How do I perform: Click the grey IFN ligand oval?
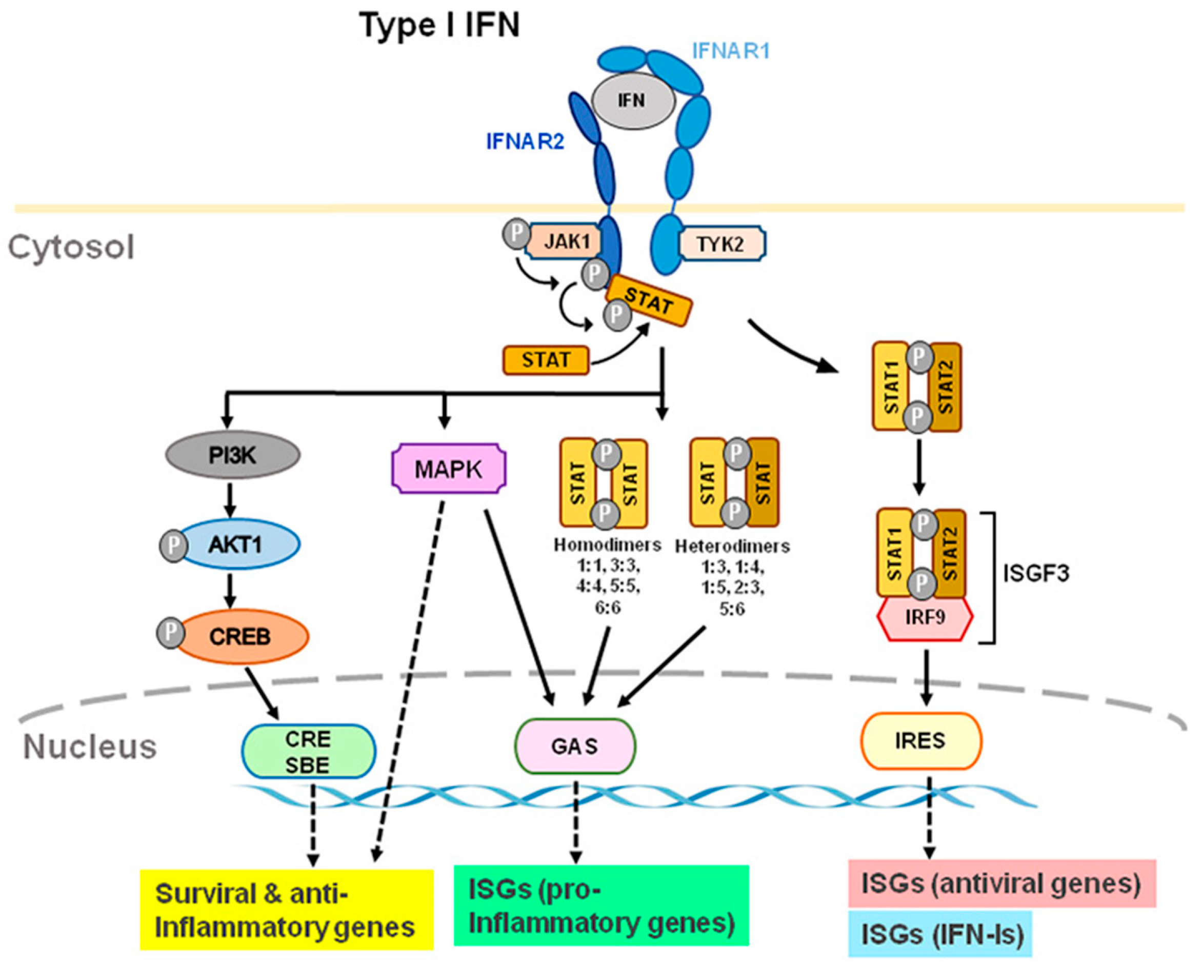pyautogui.click(x=633, y=101)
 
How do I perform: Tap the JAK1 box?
pyautogui.click(x=566, y=241)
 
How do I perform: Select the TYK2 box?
pyautogui.click(x=721, y=244)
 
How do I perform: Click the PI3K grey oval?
pyautogui.click(x=232, y=455)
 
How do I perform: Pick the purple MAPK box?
pyautogui.click(x=449, y=469)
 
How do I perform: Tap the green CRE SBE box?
pyautogui.click(x=308, y=751)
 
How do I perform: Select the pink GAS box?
pyautogui.click(x=574, y=746)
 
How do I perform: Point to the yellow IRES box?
pyautogui.click(x=920, y=741)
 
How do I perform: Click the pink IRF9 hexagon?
pyautogui.click(x=925, y=617)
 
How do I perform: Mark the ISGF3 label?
pyautogui.click(x=1036, y=573)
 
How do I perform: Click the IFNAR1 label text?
pyautogui.click(x=731, y=51)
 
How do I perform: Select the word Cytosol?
pyautogui.click(x=71, y=247)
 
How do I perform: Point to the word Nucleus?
pyautogui.click(x=89, y=746)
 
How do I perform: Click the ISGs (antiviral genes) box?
pyautogui.click(x=1001, y=883)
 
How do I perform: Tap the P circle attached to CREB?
pyautogui.click(x=170, y=633)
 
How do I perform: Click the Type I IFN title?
pyautogui.click(x=439, y=25)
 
